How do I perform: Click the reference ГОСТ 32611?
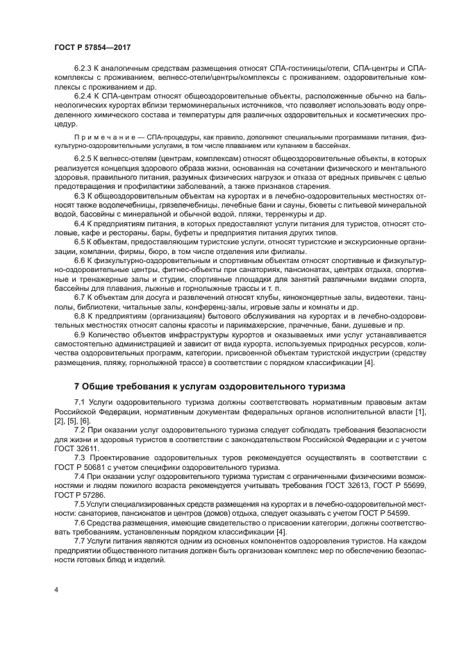[78, 449]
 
